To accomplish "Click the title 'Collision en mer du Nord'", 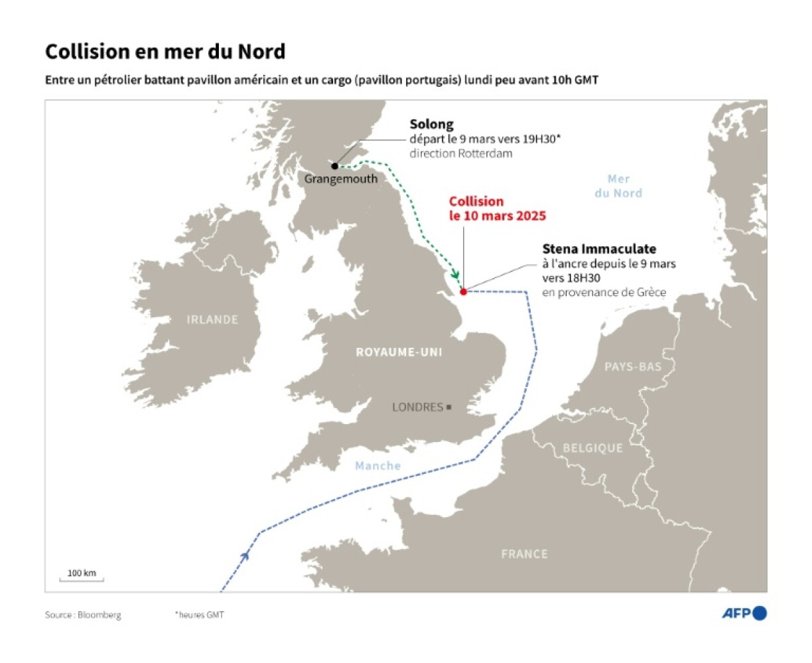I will tap(165, 51).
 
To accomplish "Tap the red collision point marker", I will tap(463, 291).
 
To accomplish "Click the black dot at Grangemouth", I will tap(335, 166).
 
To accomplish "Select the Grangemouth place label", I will tap(341, 179).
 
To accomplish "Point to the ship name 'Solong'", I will tap(431, 124).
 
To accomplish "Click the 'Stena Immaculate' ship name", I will tap(599, 249).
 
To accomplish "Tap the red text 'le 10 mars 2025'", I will tap(498, 216).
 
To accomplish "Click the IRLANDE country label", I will tap(212, 320).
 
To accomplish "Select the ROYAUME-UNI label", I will tap(399, 352).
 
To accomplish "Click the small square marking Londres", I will tap(449, 407).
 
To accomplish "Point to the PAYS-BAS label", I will tap(633, 366).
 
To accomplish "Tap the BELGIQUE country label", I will tap(592, 448).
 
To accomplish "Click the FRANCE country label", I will tap(524, 553).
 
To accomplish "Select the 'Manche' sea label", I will tap(377, 466).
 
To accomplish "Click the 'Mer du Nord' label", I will tap(618, 186).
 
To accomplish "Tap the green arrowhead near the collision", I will tap(455, 275).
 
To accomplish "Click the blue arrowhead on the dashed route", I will tap(245, 554).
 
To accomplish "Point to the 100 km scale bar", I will tap(82, 579).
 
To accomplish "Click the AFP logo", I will tap(744, 613).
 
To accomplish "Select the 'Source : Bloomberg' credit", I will tap(83, 615).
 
